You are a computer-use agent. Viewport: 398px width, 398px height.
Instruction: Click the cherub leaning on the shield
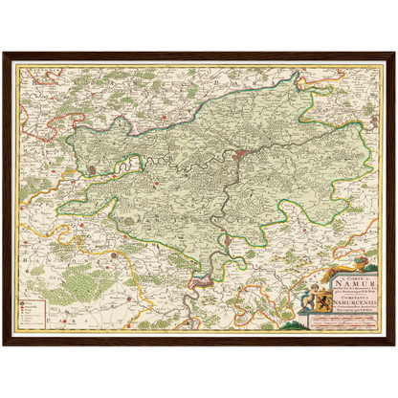pyautogui.click(x=309, y=305)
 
